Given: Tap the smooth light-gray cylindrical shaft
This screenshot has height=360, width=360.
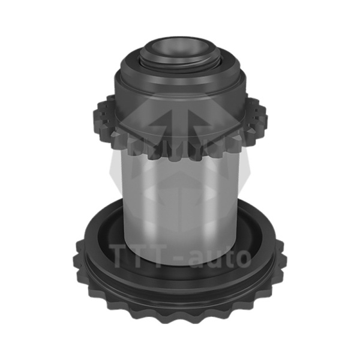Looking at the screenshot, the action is (180, 202).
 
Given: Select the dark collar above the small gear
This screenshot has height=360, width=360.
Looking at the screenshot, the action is (180, 92).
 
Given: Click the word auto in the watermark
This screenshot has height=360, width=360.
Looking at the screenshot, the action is (220, 257).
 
